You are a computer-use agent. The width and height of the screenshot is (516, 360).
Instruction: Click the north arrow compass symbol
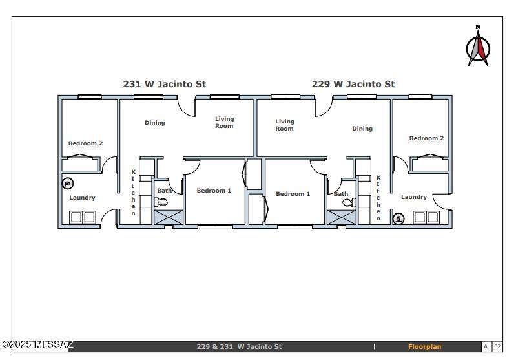pyautogui.click(x=478, y=47)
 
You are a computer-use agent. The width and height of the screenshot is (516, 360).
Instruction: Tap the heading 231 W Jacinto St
pyautogui.click(x=165, y=84)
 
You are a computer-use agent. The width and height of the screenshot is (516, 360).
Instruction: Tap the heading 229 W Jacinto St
pyautogui.click(x=353, y=84)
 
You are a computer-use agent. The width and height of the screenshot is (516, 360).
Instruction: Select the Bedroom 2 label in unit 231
pyautogui.click(x=85, y=143)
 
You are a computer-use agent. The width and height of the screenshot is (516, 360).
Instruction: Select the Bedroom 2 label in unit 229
pyautogui.click(x=426, y=138)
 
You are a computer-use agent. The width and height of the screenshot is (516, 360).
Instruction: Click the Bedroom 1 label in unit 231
pyautogui.click(x=214, y=191)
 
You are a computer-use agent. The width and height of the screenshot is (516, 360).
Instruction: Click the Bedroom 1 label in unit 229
pyautogui.click(x=293, y=194)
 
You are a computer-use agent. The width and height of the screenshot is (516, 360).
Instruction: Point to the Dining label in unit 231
pyautogui.click(x=154, y=123)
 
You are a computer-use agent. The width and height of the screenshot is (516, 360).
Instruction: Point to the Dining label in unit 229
pyautogui.click(x=362, y=129)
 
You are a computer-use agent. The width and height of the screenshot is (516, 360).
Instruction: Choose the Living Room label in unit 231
pyautogui.click(x=225, y=122)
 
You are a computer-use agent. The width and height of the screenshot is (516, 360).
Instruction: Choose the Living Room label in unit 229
pyautogui.click(x=284, y=125)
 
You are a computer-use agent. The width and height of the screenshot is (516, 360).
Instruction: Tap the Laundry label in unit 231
pyautogui.click(x=82, y=198)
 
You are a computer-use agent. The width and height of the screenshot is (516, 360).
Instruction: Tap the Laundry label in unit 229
pyautogui.click(x=413, y=197)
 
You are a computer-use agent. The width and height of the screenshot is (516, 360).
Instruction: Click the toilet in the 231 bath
pyautogui.click(x=162, y=202)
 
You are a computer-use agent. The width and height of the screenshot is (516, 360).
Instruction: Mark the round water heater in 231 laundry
pyautogui.click(x=68, y=184)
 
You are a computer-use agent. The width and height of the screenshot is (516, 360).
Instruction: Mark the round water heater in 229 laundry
pyautogui.click(x=398, y=218)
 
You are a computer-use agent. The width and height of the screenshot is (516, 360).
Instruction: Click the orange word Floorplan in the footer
pyautogui.click(x=424, y=347)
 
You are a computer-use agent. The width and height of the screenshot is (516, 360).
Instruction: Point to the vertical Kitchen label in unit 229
pyautogui.click(x=378, y=198)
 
